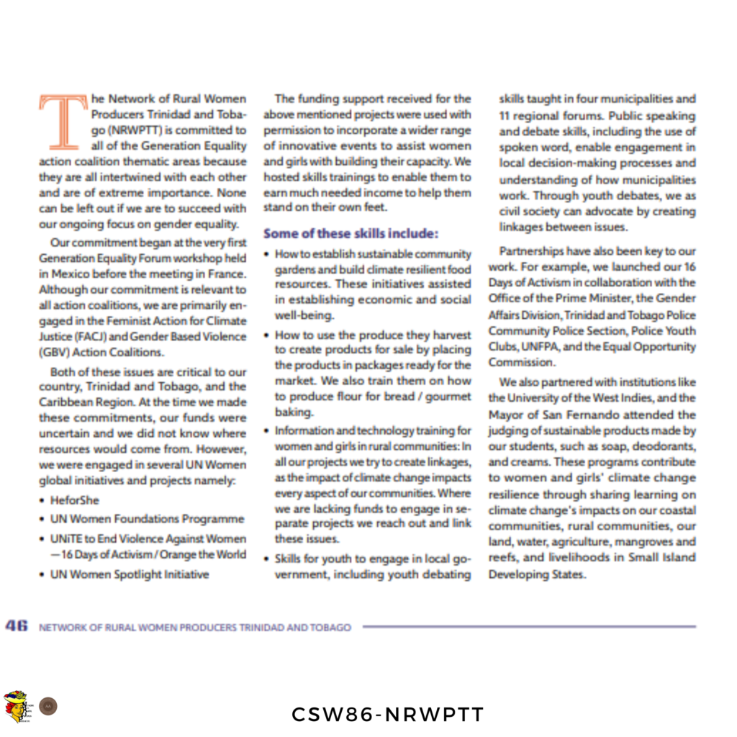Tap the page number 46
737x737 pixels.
(x=17, y=626)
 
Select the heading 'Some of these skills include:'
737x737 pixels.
(x=351, y=233)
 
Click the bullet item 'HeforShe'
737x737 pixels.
(x=75, y=499)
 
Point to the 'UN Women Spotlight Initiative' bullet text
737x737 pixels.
(x=130, y=574)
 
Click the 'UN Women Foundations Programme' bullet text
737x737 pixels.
(x=147, y=518)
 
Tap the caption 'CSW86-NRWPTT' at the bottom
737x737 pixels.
(x=388, y=714)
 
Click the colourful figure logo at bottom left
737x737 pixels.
(x=16, y=706)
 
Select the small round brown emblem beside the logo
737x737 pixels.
(x=48, y=706)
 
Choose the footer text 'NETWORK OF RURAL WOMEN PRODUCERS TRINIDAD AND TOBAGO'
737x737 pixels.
(x=195, y=628)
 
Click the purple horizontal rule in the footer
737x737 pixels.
(x=529, y=627)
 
